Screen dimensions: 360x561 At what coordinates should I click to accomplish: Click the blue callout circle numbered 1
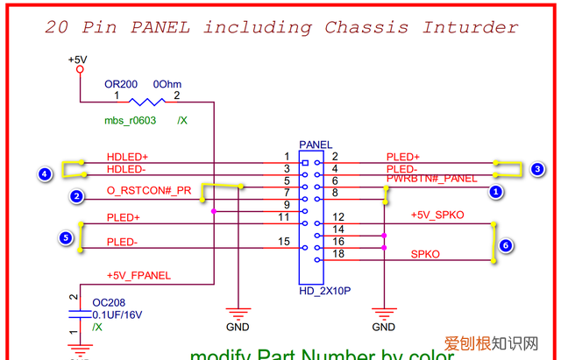click(x=495, y=190)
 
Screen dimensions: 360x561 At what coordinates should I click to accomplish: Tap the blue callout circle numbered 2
click(x=78, y=197)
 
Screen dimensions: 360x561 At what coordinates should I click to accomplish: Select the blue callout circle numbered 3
click(x=537, y=169)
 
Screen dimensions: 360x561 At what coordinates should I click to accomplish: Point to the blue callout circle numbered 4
click(x=44, y=175)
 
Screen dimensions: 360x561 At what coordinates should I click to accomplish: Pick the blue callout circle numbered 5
click(x=65, y=237)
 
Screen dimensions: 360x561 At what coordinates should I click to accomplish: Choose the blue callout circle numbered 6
click(x=505, y=245)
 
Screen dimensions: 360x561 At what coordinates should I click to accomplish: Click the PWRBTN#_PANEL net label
click(x=432, y=179)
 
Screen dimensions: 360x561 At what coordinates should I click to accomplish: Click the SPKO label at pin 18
click(x=425, y=254)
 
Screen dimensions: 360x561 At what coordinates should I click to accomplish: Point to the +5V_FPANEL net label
click(x=138, y=275)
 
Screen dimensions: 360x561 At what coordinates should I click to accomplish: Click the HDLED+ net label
click(x=127, y=157)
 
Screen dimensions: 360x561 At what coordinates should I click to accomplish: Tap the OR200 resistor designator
click(x=121, y=84)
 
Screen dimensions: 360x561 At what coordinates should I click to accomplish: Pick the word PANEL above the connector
click(x=316, y=144)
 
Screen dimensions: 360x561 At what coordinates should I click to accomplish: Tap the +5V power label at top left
click(x=77, y=60)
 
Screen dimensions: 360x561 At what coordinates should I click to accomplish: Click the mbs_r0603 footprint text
click(x=130, y=120)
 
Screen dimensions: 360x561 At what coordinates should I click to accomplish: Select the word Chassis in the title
click(x=366, y=27)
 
